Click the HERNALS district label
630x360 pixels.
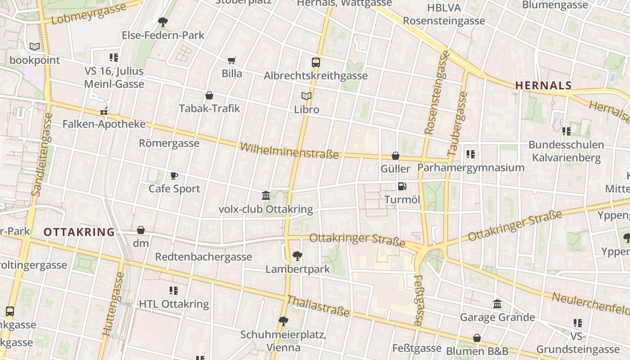tap(543, 85)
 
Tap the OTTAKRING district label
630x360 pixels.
tap(79, 232)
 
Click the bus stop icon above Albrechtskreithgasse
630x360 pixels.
tap(316, 63)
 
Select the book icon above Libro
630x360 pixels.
tap(306, 96)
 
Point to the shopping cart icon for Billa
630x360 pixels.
tap(232, 60)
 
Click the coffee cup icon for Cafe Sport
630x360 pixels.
tap(174, 175)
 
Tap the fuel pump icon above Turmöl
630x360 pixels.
tap(402, 186)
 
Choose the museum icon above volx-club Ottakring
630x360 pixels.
tap(266, 196)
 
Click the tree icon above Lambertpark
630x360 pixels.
tap(297, 256)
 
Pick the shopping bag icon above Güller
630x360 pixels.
tap(396, 156)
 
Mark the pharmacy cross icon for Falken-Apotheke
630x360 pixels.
tap(104, 111)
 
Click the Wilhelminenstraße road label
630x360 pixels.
tap(289, 151)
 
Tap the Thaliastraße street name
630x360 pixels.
tap(318, 306)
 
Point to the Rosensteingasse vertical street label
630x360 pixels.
tap(437, 93)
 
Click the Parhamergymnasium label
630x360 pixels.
tap(471, 168)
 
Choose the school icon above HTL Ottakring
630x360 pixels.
tap(174, 291)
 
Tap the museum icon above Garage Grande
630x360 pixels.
tap(497, 304)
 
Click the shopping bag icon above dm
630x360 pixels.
tap(141, 230)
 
